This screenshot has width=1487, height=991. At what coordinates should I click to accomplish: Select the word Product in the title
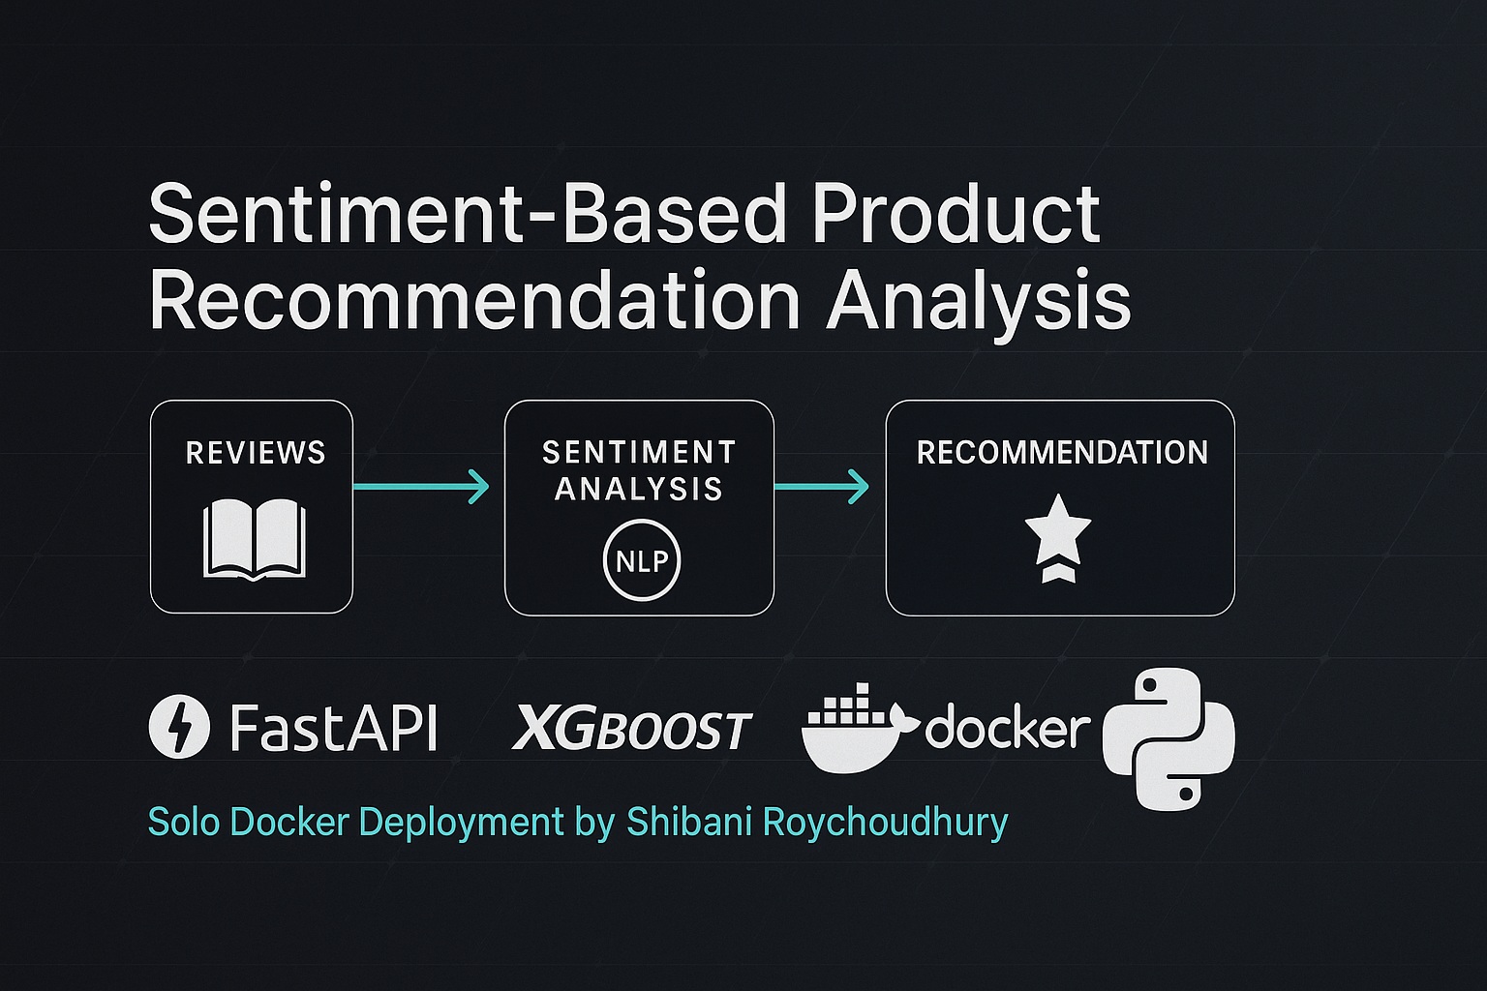(956, 214)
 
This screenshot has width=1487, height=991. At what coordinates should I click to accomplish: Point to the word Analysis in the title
(978, 305)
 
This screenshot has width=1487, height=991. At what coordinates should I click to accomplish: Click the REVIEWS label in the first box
(256, 453)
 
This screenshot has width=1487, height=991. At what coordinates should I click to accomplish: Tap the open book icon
(255, 540)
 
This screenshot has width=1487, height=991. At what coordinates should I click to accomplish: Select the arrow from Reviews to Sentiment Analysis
(421, 487)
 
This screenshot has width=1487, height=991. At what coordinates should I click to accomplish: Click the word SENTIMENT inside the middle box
(639, 453)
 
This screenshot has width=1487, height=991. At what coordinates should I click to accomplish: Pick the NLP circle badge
(642, 561)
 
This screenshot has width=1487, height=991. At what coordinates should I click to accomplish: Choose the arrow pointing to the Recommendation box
(822, 487)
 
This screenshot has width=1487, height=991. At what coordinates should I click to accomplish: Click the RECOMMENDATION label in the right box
(1062, 453)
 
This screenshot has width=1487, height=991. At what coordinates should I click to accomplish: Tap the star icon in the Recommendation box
(1058, 539)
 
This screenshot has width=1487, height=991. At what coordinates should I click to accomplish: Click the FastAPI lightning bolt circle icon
(179, 726)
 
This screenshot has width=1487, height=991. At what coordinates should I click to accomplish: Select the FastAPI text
(334, 727)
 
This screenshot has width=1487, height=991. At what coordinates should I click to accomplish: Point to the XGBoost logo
(631, 728)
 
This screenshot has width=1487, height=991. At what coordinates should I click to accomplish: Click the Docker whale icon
(861, 728)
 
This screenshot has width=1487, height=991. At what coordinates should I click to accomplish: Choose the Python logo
(1168, 738)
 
